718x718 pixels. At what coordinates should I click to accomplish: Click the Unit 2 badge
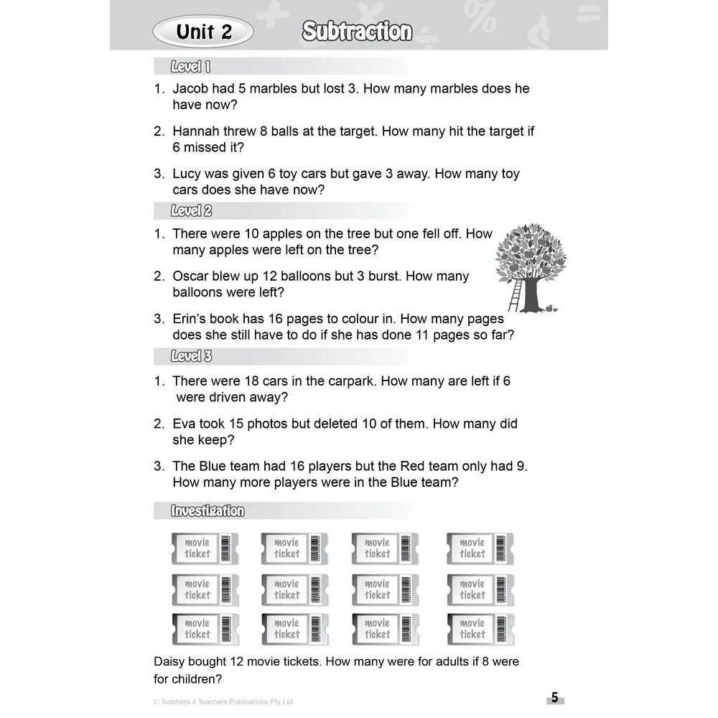[204, 32]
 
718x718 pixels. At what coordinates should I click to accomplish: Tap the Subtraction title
[357, 32]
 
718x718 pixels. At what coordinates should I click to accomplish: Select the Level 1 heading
[190, 67]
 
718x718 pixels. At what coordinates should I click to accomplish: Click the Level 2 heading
[191, 211]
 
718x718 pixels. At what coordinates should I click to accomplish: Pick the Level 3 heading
[191, 356]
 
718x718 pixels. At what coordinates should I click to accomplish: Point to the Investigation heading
[208, 511]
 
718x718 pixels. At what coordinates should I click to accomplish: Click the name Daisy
[171, 661]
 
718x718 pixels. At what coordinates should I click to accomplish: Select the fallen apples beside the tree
[551, 309]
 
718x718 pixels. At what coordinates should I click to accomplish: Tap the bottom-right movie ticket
[480, 629]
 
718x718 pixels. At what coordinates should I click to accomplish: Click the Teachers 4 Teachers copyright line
[223, 701]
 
